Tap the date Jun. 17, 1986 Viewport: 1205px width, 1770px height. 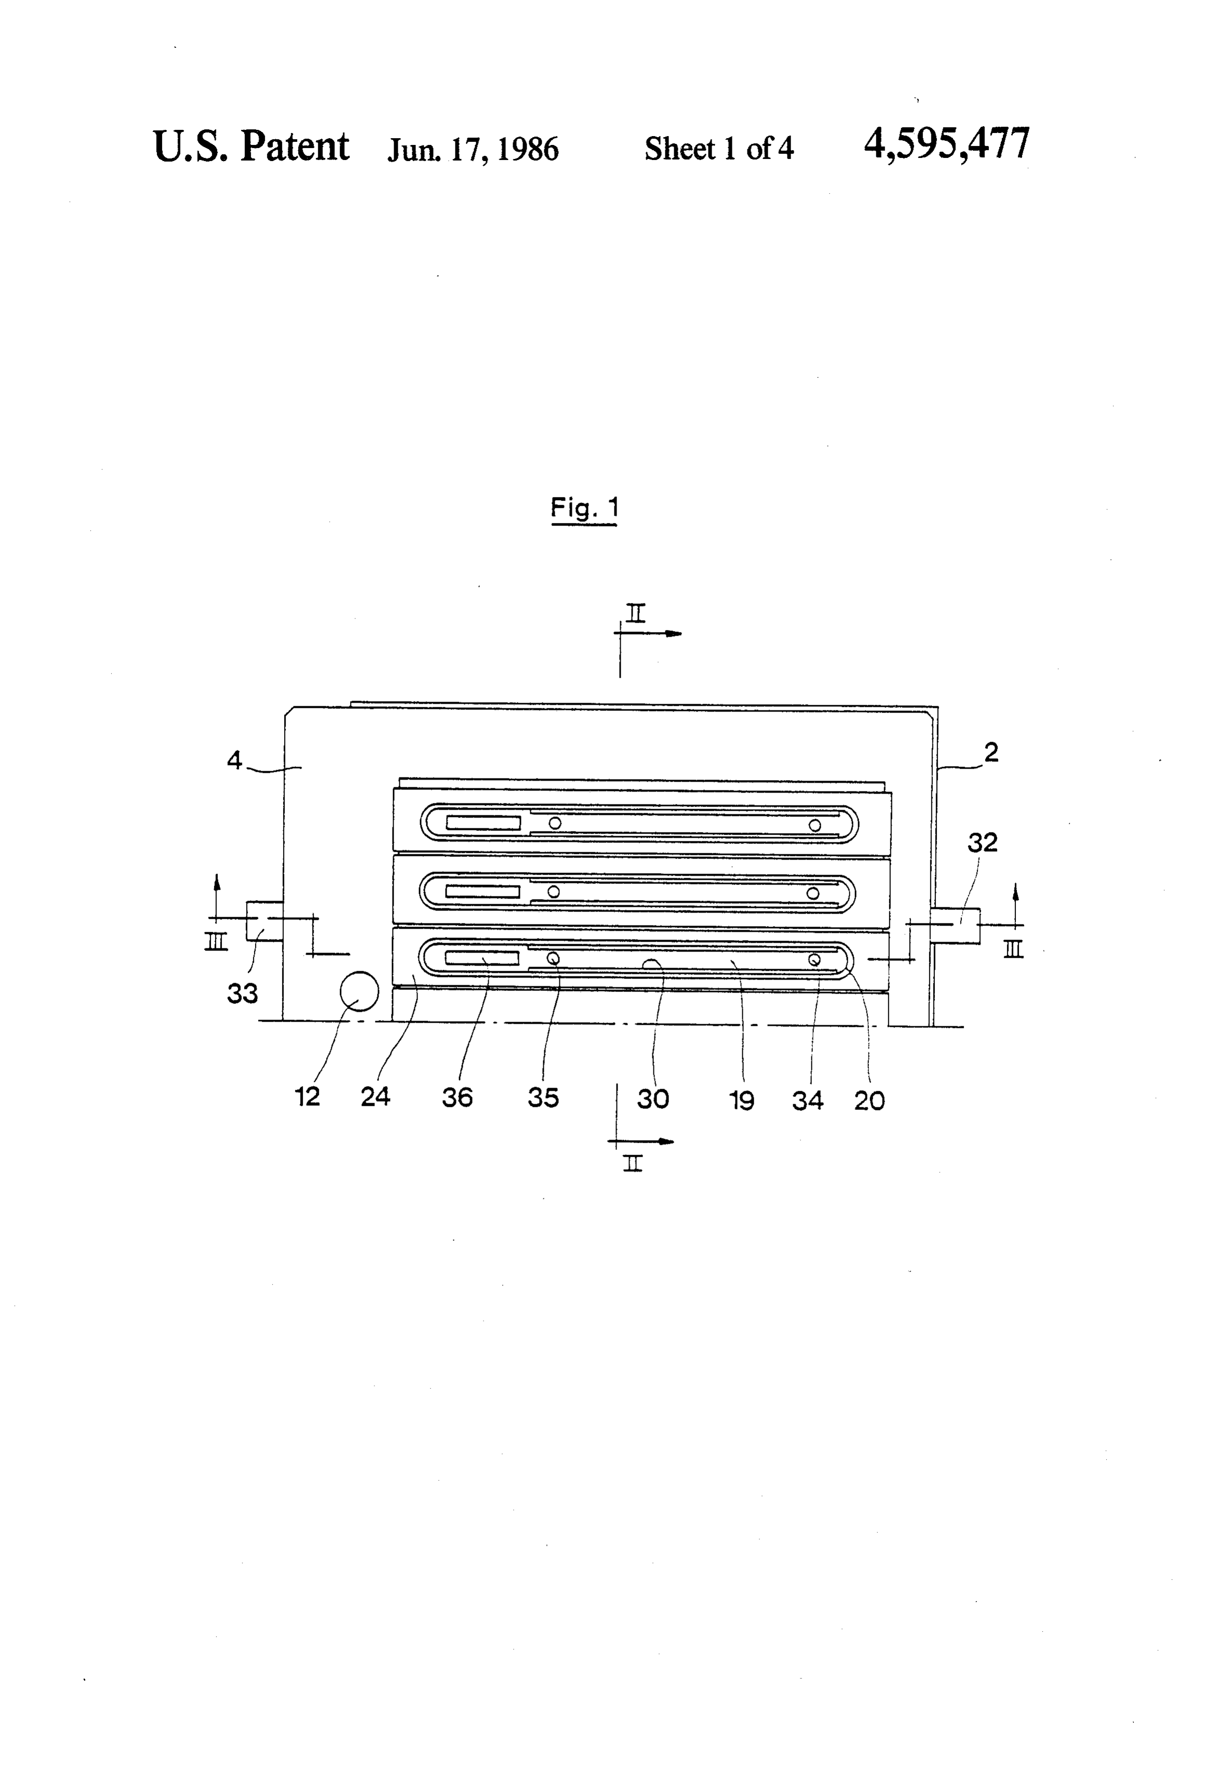473,149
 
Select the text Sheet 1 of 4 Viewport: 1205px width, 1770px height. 719,149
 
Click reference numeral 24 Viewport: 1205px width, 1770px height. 376,1096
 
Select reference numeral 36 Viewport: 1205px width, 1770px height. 457,1097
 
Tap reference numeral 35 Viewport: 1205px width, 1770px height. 543,1097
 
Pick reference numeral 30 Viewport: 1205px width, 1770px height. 653,1098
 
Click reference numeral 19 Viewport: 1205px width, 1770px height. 742,1100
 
